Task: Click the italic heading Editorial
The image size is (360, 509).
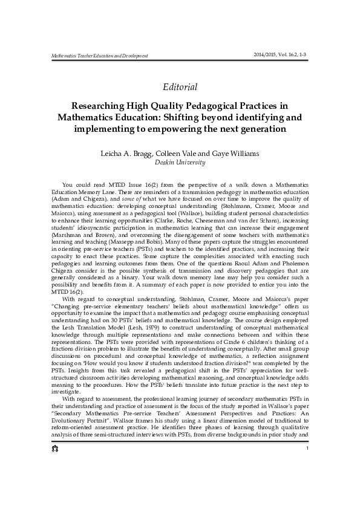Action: point(180,87)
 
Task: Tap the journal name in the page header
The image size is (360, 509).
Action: point(93,56)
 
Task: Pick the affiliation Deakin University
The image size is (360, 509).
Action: point(180,163)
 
